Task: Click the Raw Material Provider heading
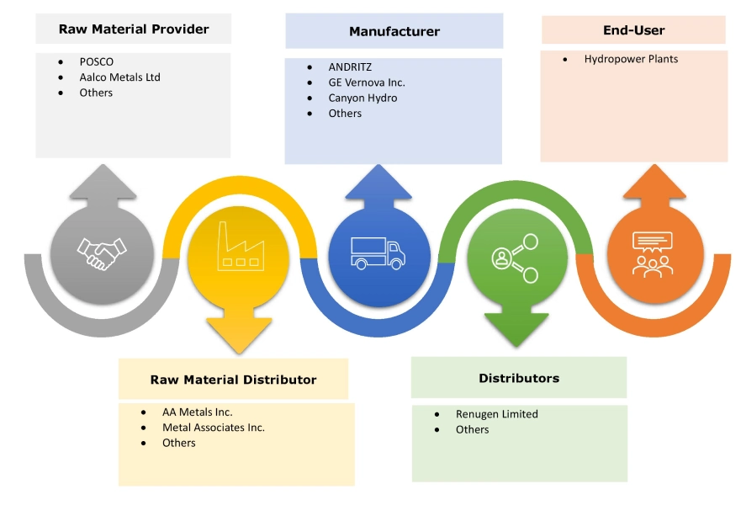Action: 134,29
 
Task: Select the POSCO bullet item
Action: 97,62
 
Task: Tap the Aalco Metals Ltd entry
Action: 119,77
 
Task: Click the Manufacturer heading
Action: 394,32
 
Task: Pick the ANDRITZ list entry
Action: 350,67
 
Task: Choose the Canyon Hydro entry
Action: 363,98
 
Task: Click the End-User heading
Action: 634,30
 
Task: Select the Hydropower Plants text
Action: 631,59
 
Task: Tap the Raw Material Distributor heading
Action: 233,380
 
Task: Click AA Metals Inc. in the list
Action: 197,412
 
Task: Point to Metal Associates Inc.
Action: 213,428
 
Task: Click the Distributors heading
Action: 519,378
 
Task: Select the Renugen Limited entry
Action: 496,414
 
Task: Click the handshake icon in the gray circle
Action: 102,253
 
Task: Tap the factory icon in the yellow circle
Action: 238,247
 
